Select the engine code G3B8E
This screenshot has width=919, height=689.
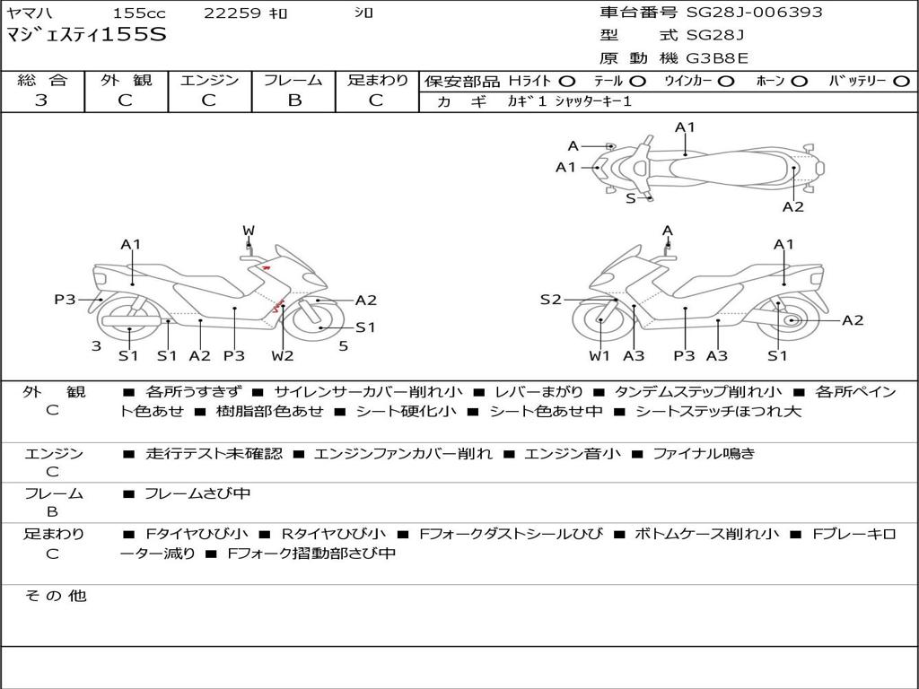coord(717,58)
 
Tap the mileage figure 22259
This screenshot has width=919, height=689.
coord(232,13)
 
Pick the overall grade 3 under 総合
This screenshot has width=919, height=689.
coord(41,100)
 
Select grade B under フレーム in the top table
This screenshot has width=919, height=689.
coord(293,100)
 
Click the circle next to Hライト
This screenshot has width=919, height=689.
coord(567,81)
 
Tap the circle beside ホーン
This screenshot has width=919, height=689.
coord(800,81)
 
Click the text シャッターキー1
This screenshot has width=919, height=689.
coord(593,101)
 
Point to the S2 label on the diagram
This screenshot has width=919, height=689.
coord(550,300)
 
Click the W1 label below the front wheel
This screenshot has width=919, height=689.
coord(600,356)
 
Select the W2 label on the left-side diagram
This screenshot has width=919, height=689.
coord(283,356)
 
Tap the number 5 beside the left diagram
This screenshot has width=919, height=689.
coord(343,346)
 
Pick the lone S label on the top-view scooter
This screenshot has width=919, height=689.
coord(630,198)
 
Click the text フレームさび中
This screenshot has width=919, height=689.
coord(197,493)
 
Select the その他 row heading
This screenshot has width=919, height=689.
coord(55,596)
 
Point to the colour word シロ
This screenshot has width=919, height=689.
coord(363,13)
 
